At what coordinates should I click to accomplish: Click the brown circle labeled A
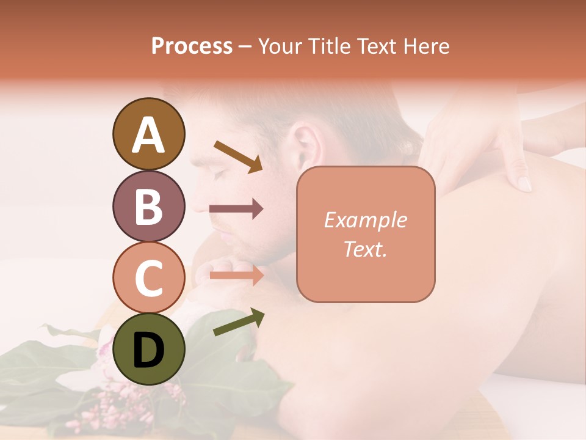148,134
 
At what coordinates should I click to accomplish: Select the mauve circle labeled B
148,207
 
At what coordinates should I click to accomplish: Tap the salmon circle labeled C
148,278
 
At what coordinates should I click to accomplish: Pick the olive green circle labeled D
148,350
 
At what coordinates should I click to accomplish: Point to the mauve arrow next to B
236,209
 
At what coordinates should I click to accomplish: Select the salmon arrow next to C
236,275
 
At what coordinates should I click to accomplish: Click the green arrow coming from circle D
239,322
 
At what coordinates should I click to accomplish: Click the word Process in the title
192,46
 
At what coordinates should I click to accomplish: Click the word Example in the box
365,220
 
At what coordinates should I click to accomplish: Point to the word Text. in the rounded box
365,249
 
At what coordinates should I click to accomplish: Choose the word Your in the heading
280,46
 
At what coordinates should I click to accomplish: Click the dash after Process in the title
245,46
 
